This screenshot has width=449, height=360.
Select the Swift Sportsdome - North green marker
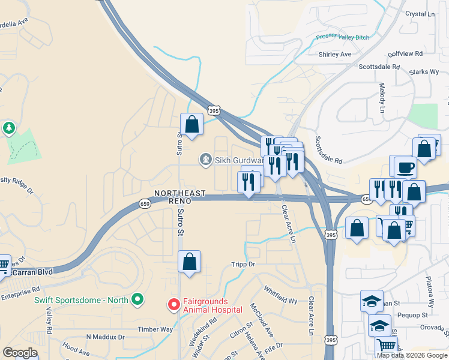[x=137, y=299]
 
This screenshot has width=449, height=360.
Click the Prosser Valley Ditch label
[x=343, y=37]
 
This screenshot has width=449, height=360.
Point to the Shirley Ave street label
[x=335, y=55]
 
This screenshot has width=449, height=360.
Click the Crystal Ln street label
[x=420, y=14]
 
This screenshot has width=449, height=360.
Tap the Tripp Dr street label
[x=243, y=264]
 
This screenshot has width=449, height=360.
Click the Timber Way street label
[x=155, y=329]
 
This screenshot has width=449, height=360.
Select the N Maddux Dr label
[x=105, y=337]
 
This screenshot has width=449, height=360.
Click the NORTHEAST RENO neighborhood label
[x=180, y=197]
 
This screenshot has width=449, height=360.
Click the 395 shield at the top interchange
[x=214, y=110]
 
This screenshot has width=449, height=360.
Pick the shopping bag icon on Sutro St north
[x=192, y=125]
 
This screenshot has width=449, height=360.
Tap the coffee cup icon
[x=405, y=167]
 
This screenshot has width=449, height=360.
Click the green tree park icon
[x=8, y=128]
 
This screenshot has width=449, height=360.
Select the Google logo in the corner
[x=20, y=353]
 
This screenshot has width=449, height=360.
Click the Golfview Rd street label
[x=405, y=53]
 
